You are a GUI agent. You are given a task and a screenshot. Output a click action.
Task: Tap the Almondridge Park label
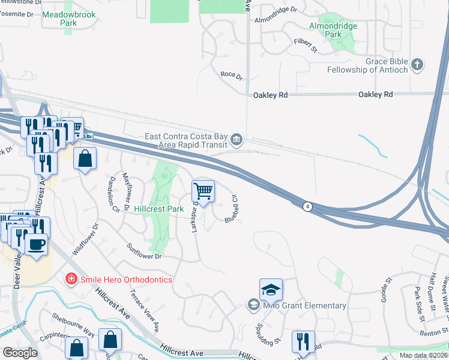point(333,31)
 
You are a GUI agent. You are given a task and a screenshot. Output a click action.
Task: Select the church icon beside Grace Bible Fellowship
point(418,64)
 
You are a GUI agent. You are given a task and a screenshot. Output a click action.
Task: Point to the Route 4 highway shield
point(307,206)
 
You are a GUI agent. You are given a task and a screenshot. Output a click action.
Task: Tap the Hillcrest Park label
point(158,209)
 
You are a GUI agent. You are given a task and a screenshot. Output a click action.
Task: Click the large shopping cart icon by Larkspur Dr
point(203,191)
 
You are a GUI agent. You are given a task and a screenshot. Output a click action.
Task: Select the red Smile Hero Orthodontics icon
point(71,280)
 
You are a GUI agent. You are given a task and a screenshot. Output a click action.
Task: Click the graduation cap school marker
point(271,290)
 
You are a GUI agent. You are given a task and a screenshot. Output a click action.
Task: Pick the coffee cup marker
point(36,244)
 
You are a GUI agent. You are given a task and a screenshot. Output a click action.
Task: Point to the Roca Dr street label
point(231,76)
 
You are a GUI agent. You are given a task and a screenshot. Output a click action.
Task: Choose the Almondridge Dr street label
point(276,10)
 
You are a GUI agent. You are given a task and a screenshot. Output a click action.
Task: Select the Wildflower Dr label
point(84,239)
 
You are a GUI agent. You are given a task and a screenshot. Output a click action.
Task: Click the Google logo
point(20,353)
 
